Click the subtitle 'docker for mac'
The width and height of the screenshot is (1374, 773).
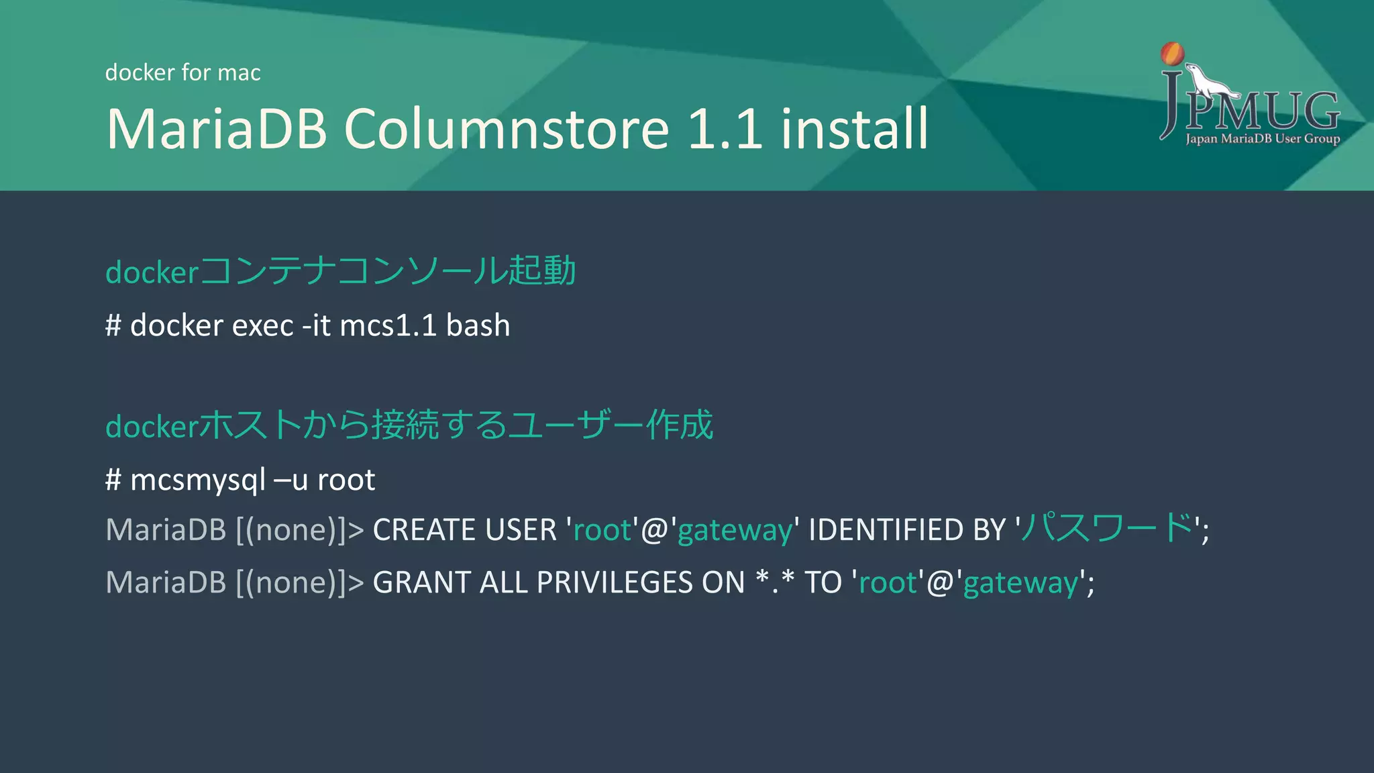click(x=182, y=72)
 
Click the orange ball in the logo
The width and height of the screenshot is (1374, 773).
click(x=1173, y=54)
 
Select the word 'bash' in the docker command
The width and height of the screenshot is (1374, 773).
click(x=478, y=325)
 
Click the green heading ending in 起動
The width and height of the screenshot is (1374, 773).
click(x=341, y=271)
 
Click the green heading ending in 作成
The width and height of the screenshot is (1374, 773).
click(x=409, y=425)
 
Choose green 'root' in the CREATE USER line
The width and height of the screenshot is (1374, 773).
click(x=602, y=530)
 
